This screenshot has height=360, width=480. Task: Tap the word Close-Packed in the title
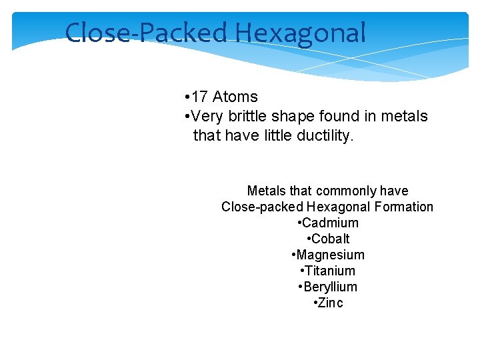click(x=147, y=33)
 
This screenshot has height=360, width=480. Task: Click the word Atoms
click(x=235, y=97)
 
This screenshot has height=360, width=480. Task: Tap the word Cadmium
click(x=330, y=223)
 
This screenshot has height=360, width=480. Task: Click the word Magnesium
click(x=330, y=255)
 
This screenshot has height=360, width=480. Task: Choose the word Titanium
click(x=330, y=271)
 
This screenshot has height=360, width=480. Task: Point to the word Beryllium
click(x=330, y=287)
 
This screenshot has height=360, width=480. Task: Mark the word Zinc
click(x=331, y=303)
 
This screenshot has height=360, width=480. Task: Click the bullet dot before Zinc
click(x=315, y=303)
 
